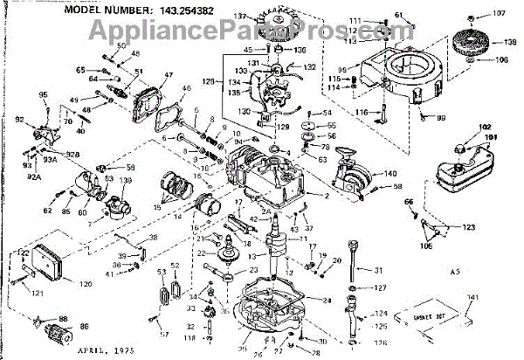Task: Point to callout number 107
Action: pos(499,13)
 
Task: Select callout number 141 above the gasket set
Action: pos(472,299)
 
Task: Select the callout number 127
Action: pos(378,287)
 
